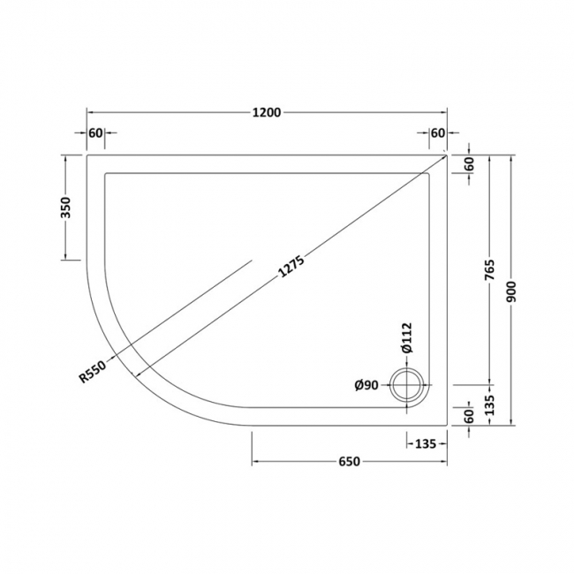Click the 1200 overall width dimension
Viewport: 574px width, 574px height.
point(266,112)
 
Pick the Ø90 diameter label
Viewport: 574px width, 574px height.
point(366,385)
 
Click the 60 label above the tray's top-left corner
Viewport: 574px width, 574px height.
point(96,133)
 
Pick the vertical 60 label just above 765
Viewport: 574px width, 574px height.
point(469,163)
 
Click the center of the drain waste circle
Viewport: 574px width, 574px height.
point(407,385)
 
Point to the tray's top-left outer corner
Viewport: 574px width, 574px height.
point(87,154)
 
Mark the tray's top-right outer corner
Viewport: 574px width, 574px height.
point(448,154)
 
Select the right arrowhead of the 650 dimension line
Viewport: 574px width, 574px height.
point(445,463)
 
